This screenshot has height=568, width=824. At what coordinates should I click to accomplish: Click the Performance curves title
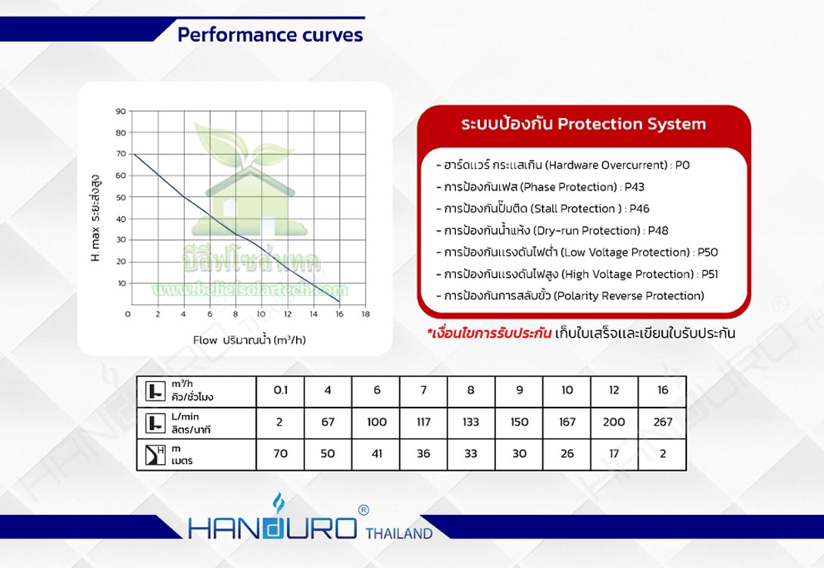click(270, 35)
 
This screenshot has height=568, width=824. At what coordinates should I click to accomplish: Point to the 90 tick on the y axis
click(121, 111)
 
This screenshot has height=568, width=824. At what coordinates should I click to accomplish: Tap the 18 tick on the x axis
click(365, 314)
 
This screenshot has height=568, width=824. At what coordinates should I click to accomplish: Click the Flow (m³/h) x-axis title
click(249, 340)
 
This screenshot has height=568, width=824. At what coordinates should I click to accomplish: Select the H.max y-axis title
click(95, 218)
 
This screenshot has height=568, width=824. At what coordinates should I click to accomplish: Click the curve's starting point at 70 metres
click(133, 154)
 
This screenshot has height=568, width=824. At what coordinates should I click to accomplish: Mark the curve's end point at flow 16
click(339, 301)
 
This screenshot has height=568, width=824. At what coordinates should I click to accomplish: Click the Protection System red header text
click(583, 124)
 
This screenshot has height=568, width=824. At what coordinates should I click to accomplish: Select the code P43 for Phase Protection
click(635, 187)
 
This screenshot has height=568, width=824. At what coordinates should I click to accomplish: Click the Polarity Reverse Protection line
click(570, 296)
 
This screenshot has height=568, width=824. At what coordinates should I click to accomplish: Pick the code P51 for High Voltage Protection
click(710, 274)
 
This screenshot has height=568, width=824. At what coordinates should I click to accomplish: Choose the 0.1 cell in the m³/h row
click(281, 390)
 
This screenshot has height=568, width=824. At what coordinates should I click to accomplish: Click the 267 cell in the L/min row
click(663, 422)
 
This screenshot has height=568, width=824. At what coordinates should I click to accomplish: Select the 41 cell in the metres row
click(377, 454)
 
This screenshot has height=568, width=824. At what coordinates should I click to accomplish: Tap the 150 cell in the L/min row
click(520, 422)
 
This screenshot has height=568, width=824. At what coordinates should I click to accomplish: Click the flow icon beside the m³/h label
click(155, 391)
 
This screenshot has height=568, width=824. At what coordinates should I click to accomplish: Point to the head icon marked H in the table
click(155, 455)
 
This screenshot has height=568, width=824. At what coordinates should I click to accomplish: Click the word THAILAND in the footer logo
click(399, 534)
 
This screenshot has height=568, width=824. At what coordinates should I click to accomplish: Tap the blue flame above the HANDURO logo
click(279, 504)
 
